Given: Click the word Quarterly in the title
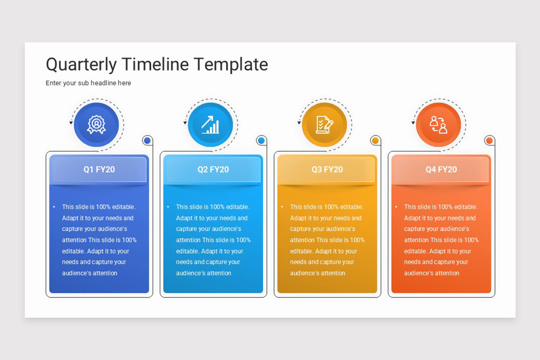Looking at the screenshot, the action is pyautogui.click(x=81, y=65).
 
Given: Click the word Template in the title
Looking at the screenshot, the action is pyautogui.click(x=231, y=65).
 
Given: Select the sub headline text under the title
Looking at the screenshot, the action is pyautogui.click(x=88, y=83).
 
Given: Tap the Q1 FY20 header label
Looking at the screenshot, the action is pyautogui.click(x=99, y=170).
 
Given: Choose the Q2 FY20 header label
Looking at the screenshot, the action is pyautogui.click(x=213, y=170).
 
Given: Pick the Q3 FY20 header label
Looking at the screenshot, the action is pyautogui.click(x=327, y=170).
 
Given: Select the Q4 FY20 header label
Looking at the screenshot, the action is pyautogui.click(x=441, y=170).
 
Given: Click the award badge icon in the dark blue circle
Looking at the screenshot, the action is pyautogui.click(x=96, y=124).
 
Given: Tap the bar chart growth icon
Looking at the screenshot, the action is pyautogui.click(x=211, y=124).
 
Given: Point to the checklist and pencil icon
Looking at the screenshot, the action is pyautogui.click(x=324, y=124).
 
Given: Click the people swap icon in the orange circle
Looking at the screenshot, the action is pyautogui.click(x=438, y=124).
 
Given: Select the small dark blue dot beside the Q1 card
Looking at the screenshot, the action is pyautogui.click(x=147, y=140).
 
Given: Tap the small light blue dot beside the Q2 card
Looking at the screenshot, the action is pyautogui.click(x=261, y=140).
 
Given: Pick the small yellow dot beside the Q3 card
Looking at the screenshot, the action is pyautogui.click(x=375, y=140).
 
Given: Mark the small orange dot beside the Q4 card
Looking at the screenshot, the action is pyautogui.click(x=490, y=140).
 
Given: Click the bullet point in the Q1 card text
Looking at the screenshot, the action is pyautogui.click(x=54, y=207).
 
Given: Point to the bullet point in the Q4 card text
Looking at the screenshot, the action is pyautogui.click(x=396, y=207).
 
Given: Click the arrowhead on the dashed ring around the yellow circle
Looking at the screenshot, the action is pyautogui.click(x=299, y=123).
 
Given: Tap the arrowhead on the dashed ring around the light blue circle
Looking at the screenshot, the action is pyautogui.click(x=185, y=123).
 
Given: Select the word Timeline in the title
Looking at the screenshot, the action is pyautogui.click(x=155, y=64).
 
